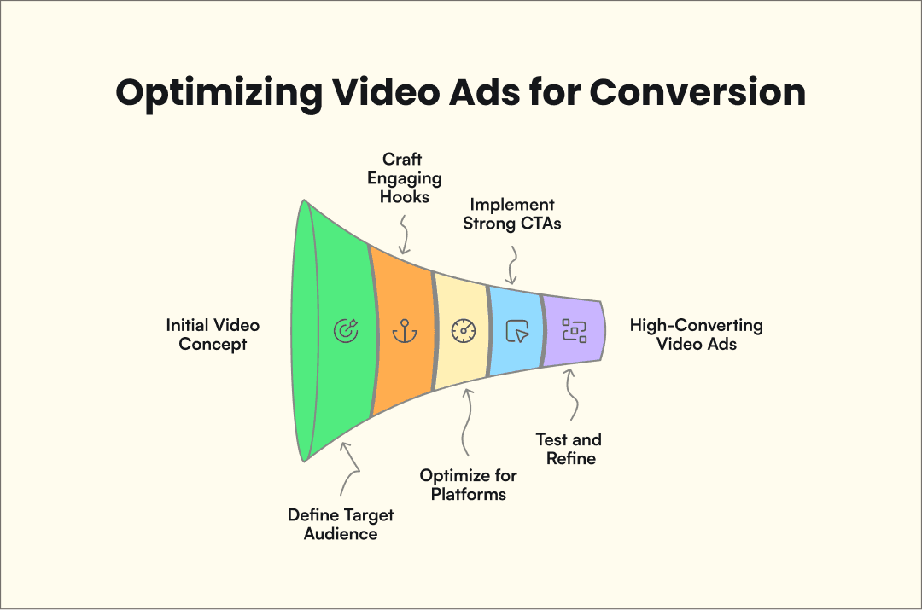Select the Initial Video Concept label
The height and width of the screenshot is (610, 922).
click(213, 334)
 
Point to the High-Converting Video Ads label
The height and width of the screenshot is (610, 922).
click(697, 334)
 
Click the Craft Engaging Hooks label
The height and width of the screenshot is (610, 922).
click(402, 178)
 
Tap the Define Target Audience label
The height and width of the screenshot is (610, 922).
click(341, 524)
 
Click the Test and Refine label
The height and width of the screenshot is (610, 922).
click(569, 449)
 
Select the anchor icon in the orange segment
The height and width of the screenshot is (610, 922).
click(402, 331)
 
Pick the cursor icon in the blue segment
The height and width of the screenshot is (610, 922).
click(517, 331)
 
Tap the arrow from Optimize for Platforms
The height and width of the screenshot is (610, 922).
click(465, 422)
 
